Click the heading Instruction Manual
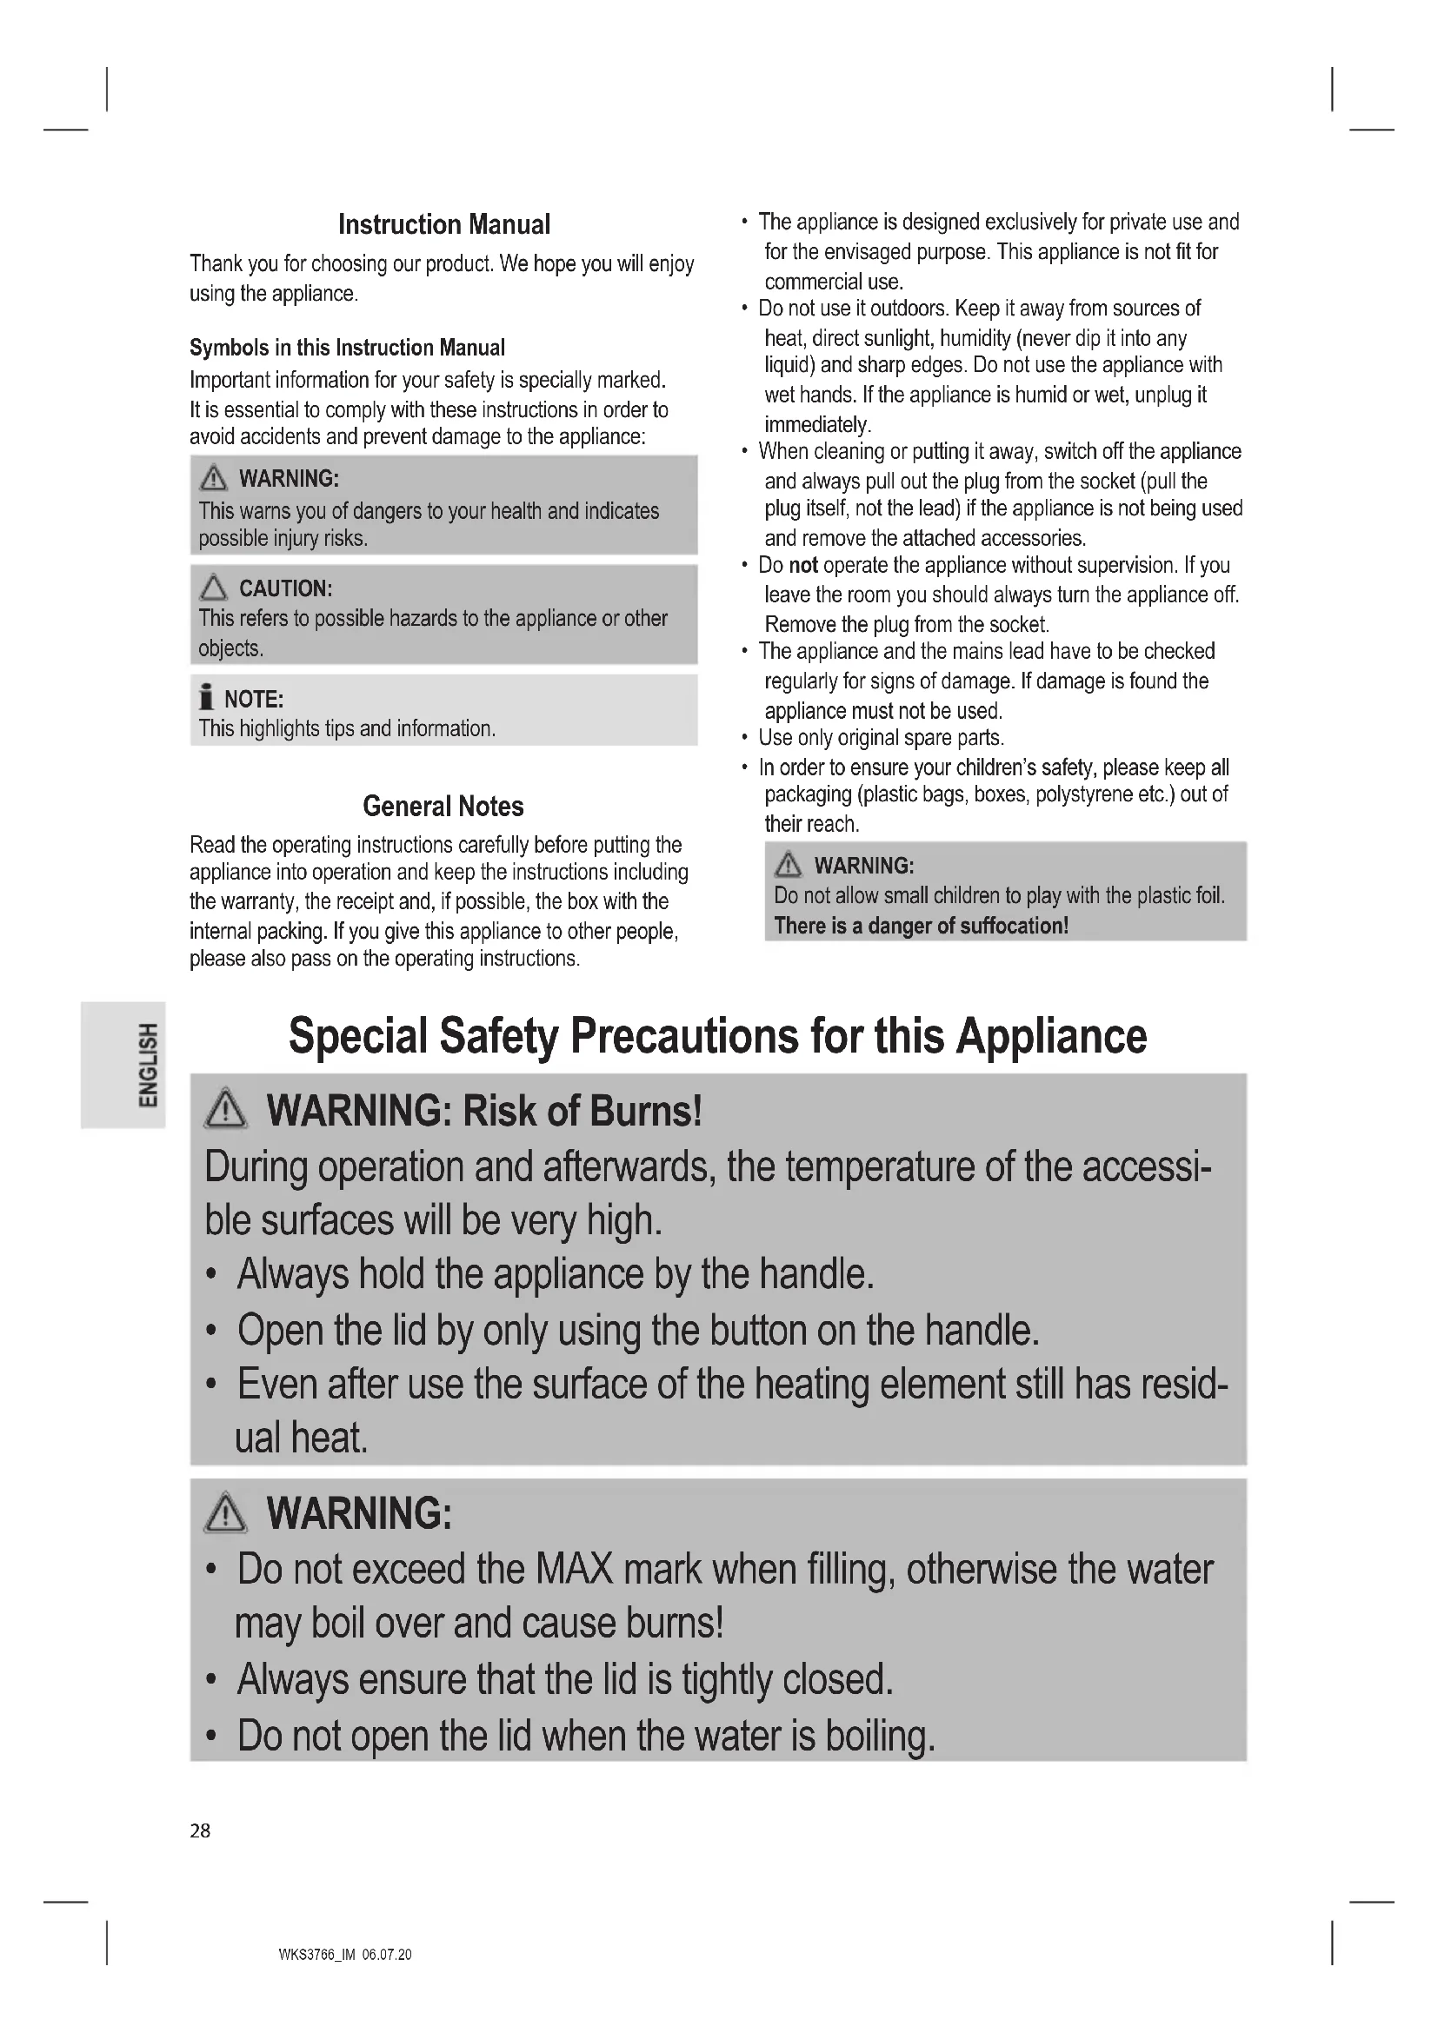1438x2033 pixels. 443,225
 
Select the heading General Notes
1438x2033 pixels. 443,807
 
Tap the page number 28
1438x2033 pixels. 200,1831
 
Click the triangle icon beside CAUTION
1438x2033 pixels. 213,588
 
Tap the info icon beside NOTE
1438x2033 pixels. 206,698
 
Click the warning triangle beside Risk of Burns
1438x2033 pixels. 226,1109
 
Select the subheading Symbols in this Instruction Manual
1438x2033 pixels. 347,348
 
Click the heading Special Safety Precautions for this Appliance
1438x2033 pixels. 717,1036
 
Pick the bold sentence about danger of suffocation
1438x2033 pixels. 921,927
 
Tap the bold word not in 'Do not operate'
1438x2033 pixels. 803,566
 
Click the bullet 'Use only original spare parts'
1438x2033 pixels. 880,739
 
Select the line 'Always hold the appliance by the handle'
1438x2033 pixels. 556,1275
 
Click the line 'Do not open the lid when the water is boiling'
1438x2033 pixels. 585,1737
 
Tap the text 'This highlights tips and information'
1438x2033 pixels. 346,728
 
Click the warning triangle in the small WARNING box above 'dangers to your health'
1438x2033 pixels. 213,479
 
